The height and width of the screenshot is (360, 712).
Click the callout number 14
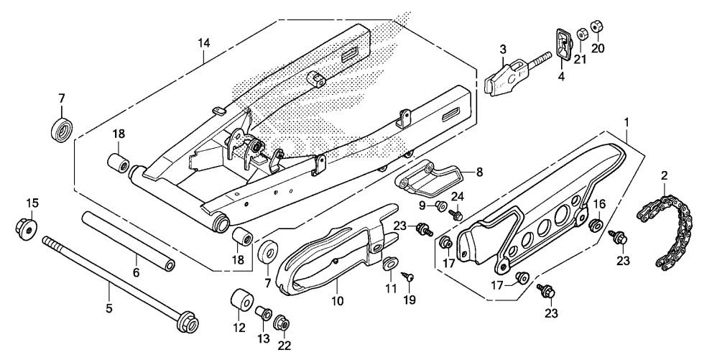coord(205,44)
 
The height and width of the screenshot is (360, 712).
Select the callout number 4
coord(561,75)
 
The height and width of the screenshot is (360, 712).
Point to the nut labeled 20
coord(595,29)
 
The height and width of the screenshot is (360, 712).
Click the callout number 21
coord(580,59)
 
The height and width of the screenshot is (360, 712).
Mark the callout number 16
coord(601,205)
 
